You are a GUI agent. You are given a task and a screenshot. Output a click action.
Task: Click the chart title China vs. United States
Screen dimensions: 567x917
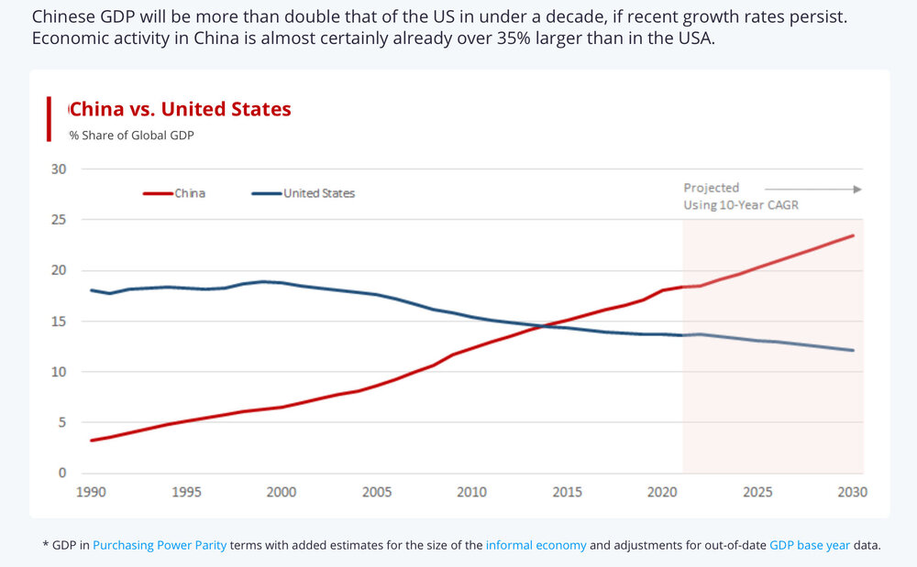click(181, 110)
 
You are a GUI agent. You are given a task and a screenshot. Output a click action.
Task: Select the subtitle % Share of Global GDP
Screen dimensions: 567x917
click(132, 136)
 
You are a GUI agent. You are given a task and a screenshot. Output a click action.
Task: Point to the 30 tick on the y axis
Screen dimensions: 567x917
click(59, 169)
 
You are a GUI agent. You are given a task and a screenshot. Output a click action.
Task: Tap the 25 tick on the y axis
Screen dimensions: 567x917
click(59, 220)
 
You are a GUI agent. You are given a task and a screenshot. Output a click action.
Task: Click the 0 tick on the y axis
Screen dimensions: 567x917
click(62, 474)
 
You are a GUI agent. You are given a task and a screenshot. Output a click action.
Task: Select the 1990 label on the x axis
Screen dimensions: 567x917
click(91, 492)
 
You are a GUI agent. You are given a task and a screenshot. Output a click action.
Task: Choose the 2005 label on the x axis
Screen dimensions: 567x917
click(377, 492)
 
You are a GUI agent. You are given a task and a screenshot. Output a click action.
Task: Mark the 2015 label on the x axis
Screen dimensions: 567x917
click(568, 492)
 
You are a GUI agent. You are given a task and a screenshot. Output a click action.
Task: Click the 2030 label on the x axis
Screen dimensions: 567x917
click(853, 492)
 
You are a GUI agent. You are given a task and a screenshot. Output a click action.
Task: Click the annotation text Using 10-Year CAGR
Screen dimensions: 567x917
click(741, 205)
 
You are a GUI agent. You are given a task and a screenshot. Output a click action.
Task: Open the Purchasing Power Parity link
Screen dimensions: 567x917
click(160, 545)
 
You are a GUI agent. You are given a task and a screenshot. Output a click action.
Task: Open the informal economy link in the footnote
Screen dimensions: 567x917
click(536, 545)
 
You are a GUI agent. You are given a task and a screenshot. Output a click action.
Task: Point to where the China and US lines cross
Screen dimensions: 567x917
click(547, 325)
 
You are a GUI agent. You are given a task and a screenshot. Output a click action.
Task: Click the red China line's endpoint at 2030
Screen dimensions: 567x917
click(854, 235)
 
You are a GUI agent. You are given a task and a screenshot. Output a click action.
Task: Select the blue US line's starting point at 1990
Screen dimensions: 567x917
click(91, 290)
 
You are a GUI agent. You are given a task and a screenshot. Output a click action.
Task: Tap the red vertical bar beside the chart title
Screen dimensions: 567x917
click(49, 119)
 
